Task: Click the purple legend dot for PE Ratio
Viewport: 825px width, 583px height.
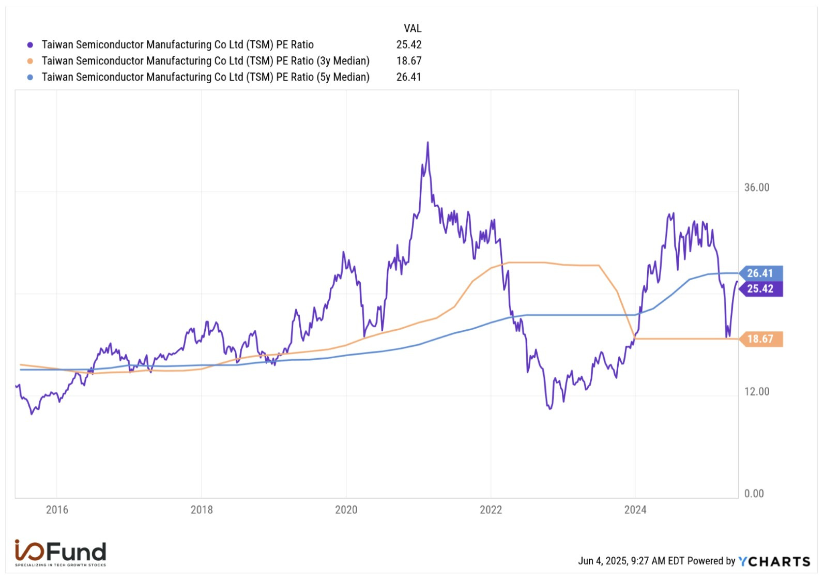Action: (x=30, y=45)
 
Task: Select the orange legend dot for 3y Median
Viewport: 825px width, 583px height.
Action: (x=30, y=61)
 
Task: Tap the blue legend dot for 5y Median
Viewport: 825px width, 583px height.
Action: (x=30, y=77)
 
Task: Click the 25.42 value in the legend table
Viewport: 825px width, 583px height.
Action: (x=408, y=44)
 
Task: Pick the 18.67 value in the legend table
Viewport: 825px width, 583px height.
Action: (x=408, y=60)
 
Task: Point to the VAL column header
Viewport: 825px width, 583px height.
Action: (x=412, y=28)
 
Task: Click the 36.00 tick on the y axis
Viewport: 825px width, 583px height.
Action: (x=756, y=188)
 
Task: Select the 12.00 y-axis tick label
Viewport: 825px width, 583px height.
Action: (x=756, y=392)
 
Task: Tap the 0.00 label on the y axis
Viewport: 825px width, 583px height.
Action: (x=754, y=494)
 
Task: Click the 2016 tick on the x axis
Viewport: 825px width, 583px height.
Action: (x=57, y=510)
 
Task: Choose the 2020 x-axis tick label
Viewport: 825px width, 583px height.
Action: (x=346, y=510)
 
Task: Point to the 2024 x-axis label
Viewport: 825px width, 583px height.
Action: (x=635, y=510)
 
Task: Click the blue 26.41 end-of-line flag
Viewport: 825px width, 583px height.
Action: (x=760, y=273)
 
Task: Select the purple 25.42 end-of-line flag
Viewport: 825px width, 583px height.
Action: (x=760, y=288)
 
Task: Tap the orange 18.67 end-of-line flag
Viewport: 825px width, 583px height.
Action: (x=760, y=339)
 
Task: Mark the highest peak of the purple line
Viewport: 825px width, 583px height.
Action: (x=427, y=143)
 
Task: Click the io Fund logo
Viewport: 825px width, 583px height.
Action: (x=60, y=553)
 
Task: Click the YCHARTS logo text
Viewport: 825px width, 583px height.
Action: (x=774, y=561)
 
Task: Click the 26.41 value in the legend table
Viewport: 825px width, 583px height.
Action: (x=408, y=77)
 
